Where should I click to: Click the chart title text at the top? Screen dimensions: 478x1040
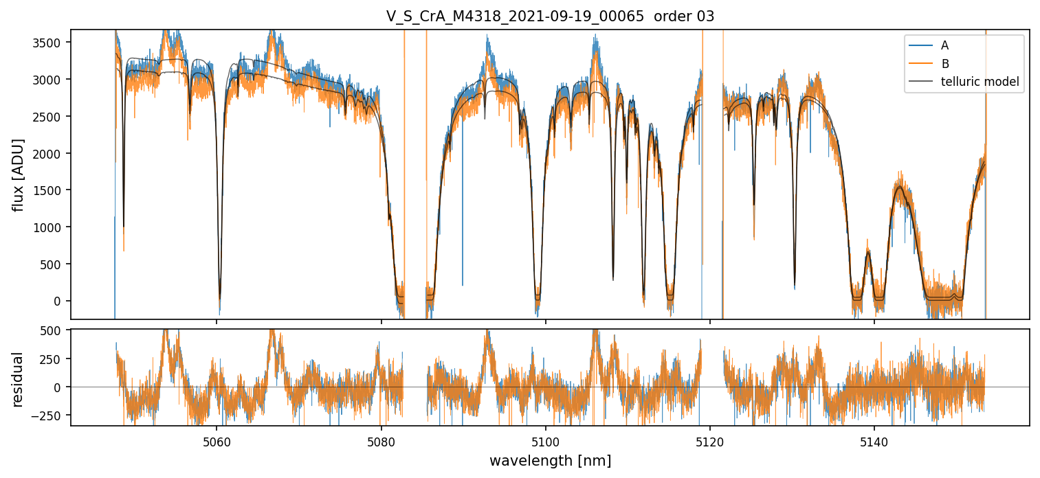tap(550, 16)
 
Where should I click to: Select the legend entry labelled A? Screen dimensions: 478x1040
tap(944, 45)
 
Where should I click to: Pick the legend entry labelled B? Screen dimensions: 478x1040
tap(944, 64)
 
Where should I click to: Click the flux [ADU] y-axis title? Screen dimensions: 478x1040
tap(19, 174)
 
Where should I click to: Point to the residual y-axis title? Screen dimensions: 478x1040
tap(19, 379)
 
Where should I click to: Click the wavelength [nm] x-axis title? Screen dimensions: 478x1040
tap(550, 460)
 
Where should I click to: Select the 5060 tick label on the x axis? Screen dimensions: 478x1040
tap(217, 440)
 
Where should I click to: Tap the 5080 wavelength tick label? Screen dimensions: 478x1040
tap(381, 440)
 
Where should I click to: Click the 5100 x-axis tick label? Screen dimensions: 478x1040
tap(545, 440)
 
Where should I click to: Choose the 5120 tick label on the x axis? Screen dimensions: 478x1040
tap(709, 440)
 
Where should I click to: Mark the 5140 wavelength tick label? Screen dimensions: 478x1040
tap(874, 440)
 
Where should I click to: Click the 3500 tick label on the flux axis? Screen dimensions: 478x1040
tap(51, 43)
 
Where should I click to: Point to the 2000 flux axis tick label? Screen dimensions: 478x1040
tap(51, 153)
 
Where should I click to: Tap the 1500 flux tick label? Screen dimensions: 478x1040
tap(51, 190)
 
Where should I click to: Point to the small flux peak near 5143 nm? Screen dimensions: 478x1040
tap(899, 187)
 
